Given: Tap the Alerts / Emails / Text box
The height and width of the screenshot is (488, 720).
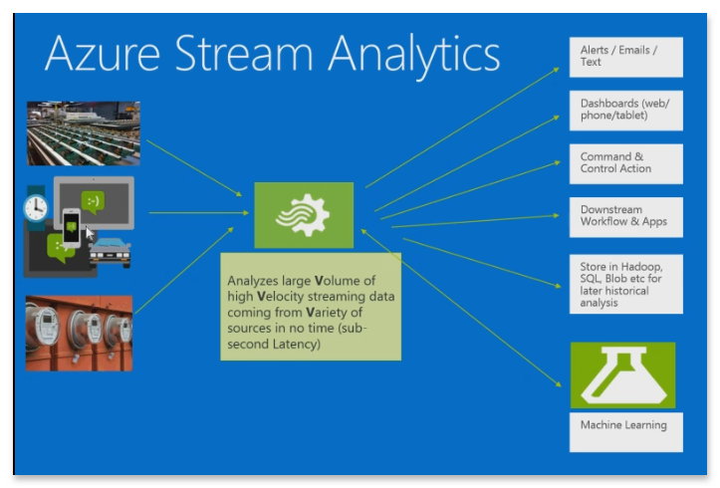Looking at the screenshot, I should point(625,56).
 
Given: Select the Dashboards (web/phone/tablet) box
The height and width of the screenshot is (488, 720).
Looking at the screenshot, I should point(625,109).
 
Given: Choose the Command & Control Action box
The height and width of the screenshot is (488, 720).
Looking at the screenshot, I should point(625,163).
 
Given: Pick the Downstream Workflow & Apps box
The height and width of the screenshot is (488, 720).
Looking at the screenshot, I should point(625,216).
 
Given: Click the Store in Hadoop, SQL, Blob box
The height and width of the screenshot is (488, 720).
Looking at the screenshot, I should point(625,283).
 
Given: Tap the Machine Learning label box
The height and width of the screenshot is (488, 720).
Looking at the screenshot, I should point(625,430).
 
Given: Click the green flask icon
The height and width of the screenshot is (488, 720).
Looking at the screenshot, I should point(622,374).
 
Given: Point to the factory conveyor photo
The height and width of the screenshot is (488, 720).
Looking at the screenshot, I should point(83,132).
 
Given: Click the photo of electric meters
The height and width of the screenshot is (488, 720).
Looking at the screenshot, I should point(79,333).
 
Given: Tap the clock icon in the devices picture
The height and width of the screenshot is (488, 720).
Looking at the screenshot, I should point(37,207).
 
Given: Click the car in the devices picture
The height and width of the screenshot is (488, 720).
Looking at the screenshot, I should point(111,251).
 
